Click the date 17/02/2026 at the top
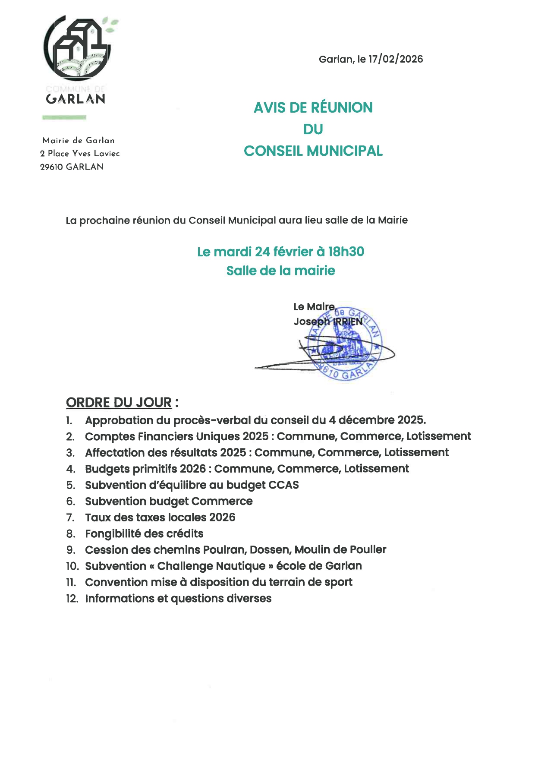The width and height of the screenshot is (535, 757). pos(396,59)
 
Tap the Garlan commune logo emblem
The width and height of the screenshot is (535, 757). pos(78,48)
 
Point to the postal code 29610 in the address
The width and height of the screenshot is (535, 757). pos(51,167)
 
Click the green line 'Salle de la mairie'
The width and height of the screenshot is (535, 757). pos(280,271)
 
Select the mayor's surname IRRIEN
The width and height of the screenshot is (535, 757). pos(348,322)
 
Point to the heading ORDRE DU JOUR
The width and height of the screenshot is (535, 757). pos(119,402)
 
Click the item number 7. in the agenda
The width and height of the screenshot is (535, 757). pos(70,517)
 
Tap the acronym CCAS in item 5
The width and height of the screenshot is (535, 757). pos(283,485)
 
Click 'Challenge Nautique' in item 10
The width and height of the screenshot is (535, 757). pos(211,566)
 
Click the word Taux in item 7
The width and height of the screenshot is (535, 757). pos(98,517)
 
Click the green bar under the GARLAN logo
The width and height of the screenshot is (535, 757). pos(64,117)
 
